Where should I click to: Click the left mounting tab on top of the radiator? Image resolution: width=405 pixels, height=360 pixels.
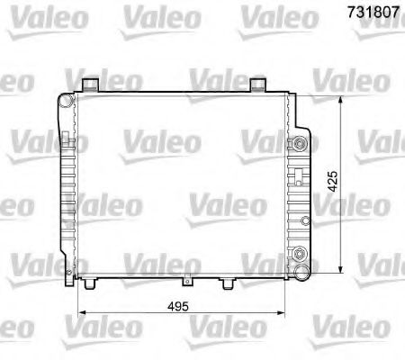pos(89,85)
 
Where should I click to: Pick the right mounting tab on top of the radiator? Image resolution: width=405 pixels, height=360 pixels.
pos(258,85)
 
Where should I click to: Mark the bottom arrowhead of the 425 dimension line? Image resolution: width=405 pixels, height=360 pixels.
pos(340,268)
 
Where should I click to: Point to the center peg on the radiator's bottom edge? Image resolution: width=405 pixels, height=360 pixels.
pos(186,281)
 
